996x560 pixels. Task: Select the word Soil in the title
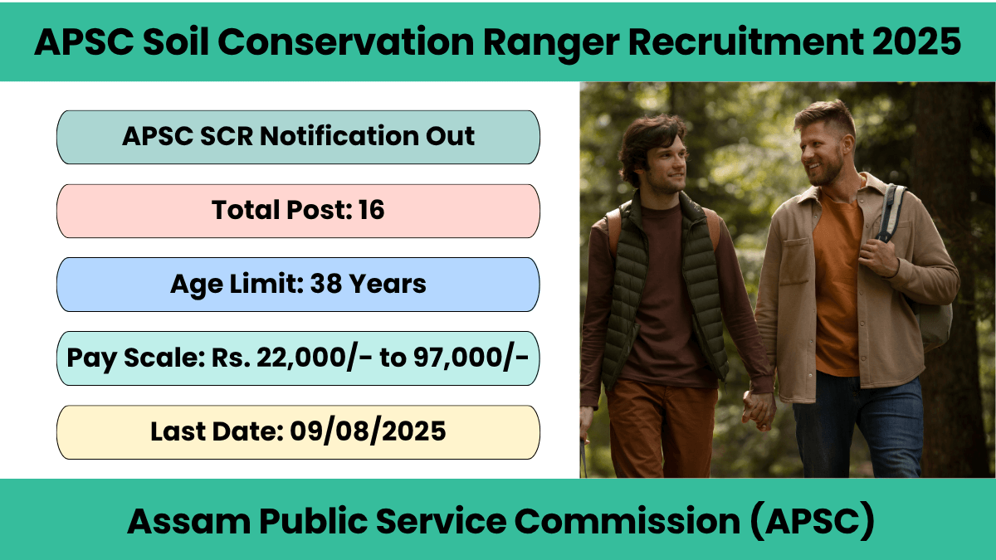tap(176, 41)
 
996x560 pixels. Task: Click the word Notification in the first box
tap(339, 136)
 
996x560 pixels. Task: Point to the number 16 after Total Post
tap(371, 210)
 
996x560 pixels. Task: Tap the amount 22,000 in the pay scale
tap(301, 358)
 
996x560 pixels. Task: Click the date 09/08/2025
tap(368, 431)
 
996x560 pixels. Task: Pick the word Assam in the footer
tap(189, 521)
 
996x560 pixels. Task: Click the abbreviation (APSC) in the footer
tap(813, 521)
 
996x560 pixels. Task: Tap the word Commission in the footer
tap(627, 521)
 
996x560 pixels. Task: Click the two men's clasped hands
tap(758, 409)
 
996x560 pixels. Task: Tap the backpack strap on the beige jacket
tap(891, 212)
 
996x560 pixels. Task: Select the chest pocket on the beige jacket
tap(795, 262)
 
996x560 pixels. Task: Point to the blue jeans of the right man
tap(858, 426)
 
